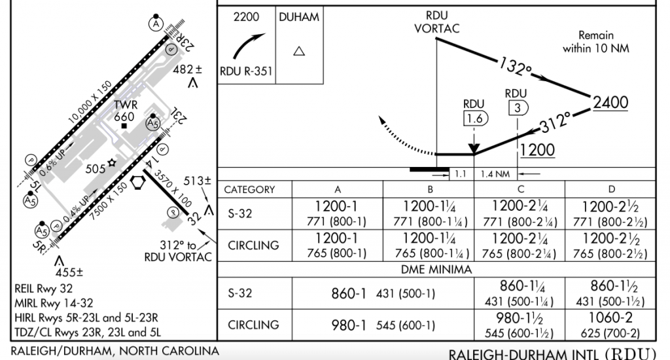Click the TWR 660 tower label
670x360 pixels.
[x=125, y=111]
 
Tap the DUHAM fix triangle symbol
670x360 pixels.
[x=299, y=51]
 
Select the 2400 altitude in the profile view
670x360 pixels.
[x=610, y=103]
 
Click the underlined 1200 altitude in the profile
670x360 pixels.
[x=537, y=150]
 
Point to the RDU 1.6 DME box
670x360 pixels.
[x=475, y=118]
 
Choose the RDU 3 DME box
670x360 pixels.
[x=518, y=108]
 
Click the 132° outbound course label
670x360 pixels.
[x=516, y=66]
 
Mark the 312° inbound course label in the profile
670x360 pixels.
[x=555, y=122]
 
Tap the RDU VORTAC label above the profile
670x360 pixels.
[x=436, y=22]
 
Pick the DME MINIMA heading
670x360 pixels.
[x=436, y=270]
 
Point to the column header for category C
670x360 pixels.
[x=520, y=189]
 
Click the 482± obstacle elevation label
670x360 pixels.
[x=188, y=69]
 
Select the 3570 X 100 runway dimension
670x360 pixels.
[x=173, y=189]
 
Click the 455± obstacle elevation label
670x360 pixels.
[x=69, y=272]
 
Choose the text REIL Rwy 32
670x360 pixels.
[x=44, y=289]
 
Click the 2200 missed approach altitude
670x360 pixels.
[x=246, y=17]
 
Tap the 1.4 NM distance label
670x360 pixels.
[x=495, y=174]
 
